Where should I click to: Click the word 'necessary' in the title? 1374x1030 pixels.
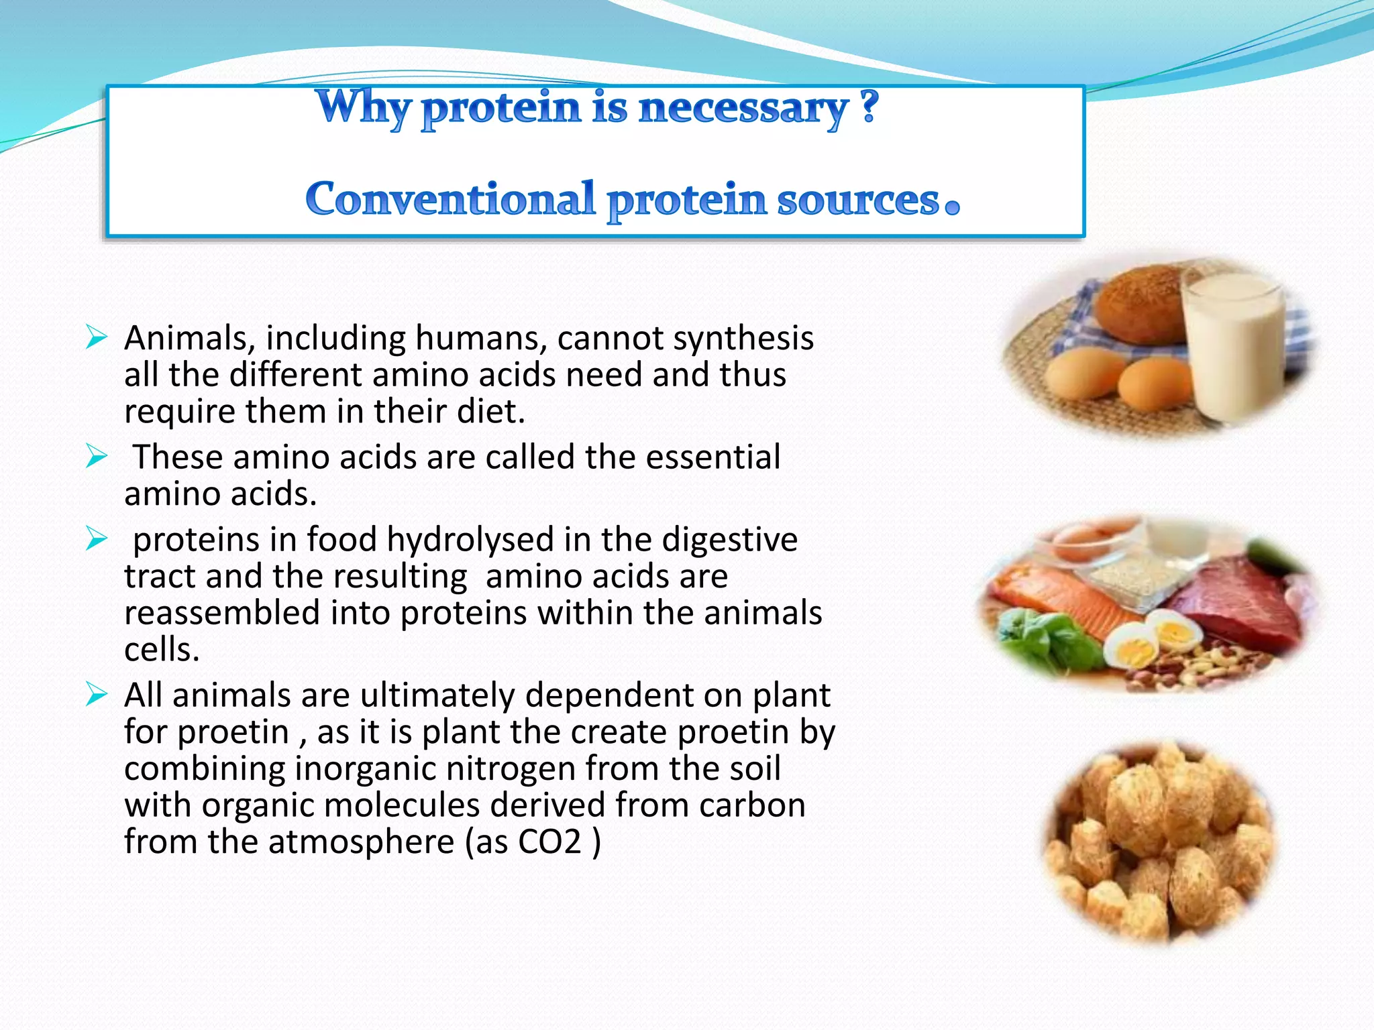pyautogui.click(x=743, y=109)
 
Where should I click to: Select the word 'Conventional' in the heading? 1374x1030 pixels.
pyautogui.click(x=450, y=199)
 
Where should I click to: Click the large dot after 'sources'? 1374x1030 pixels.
pyautogui.click(x=952, y=206)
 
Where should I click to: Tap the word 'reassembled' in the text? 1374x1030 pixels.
pyautogui.click(x=222, y=613)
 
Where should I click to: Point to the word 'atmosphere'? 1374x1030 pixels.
pyautogui.click(x=361, y=842)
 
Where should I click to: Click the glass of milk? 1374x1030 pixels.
pyautogui.click(x=1233, y=349)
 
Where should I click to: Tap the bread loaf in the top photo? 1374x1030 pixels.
pyautogui.click(x=1141, y=308)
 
